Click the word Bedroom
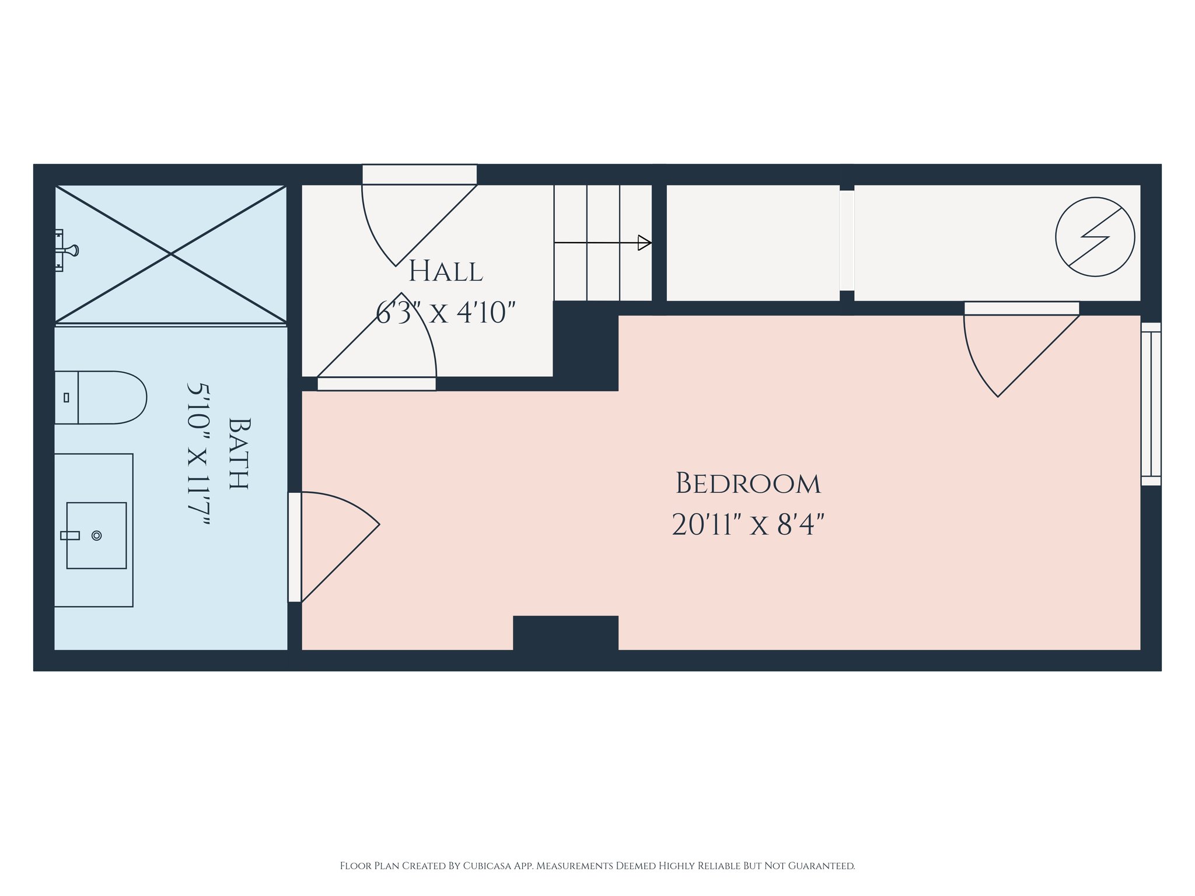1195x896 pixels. (x=748, y=484)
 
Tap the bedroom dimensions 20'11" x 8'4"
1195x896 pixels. (x=748, y=524)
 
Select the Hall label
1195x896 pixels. (x=445, y=271)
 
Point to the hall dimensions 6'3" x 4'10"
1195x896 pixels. (x=445, y=312)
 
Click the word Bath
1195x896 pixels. (x=239, y=453)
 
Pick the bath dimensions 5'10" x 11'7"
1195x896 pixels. (x=198, y=453)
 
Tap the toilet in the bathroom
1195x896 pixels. (x=100, y=397)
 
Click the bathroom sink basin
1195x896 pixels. (x=96, y=535)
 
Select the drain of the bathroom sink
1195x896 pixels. (x=97, y=535)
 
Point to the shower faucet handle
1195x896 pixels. (x=67, y=250)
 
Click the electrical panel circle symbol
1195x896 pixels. (x=1095, y=237)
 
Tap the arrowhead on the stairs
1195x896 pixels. (x=644, y=243)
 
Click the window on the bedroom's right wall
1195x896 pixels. (x=1151, y=404)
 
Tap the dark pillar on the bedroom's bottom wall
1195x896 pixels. (x=565, y=633)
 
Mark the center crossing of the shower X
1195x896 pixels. (x=171, y=254)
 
